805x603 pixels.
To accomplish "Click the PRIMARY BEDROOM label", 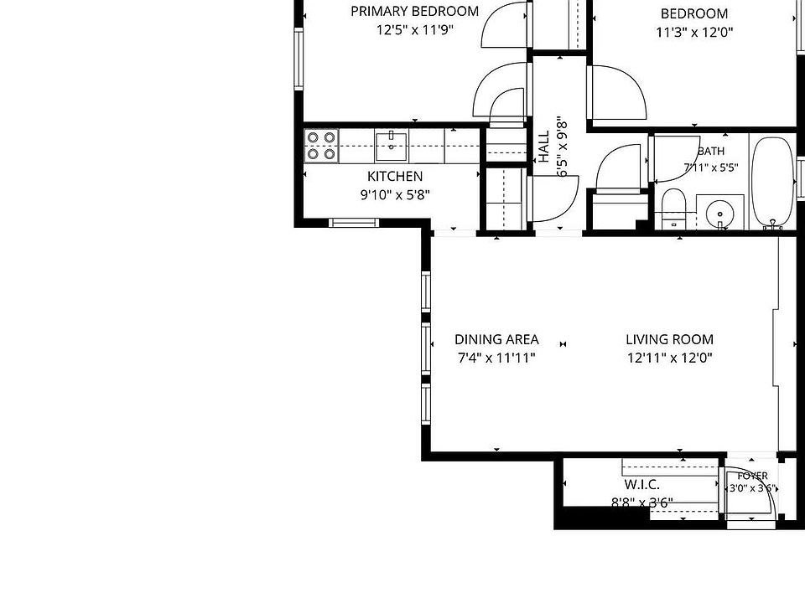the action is [415, 11].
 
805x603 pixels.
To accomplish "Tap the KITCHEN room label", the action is [395, 177].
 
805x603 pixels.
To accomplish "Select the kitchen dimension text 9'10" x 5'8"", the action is [395, 195].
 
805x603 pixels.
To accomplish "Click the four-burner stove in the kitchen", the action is [321, 146].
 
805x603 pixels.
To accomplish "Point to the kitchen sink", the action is [392, 146].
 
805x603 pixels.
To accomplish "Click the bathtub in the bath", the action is [772, 182].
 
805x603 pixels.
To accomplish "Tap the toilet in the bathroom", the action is [673, 209].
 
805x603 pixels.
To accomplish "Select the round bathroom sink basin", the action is [719, 212].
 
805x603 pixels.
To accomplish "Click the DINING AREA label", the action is [496, 339].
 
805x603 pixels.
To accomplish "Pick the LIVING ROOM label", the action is [669, 339].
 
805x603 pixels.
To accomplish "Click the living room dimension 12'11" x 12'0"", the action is [669, 358].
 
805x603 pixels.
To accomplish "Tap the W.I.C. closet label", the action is [641, 485].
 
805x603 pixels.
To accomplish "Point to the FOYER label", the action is [753, 476].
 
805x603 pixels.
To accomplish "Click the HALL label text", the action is [544, 147].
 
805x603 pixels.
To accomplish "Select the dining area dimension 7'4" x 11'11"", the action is [496, 358].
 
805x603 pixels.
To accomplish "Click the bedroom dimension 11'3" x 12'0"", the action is [694, 33].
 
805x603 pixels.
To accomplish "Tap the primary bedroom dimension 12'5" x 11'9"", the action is [415, 30].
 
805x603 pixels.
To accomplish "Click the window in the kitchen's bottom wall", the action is [354, 223].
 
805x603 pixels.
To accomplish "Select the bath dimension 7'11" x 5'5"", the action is [711, 167].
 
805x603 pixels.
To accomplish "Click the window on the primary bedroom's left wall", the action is [299, 59].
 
